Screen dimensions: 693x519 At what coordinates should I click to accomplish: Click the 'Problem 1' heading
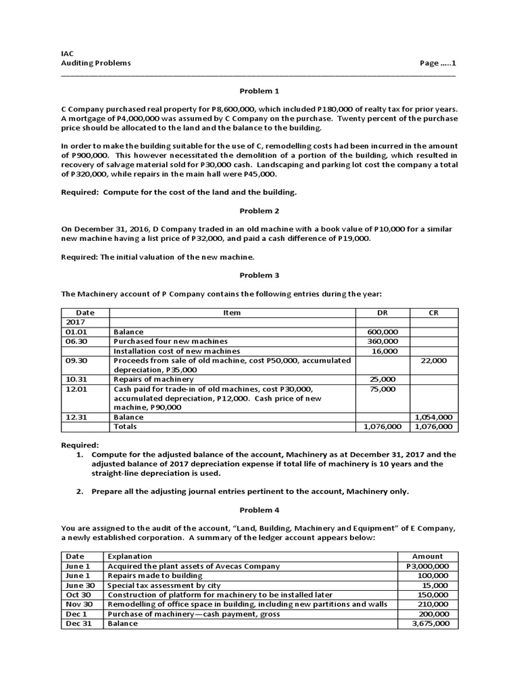pyautogui.click(x=259, y=90)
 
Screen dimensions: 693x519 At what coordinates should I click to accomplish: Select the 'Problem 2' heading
pyautogui.click(x=259, y=210)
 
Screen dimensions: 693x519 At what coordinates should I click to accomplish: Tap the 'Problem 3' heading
pyautogui.click(x=259, y=275)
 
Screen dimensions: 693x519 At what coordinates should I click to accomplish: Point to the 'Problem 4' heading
pyautogui.click(x=259, y=509)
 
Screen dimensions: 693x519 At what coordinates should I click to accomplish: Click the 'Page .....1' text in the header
pyautogui.click(x=439, y=63)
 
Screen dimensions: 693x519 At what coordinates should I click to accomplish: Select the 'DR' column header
pyautogui.click(x=382, y=313)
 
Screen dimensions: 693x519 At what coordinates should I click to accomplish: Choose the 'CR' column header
pyautogui.click(x=434, y=313)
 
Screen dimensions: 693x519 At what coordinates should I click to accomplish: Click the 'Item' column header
pyautogui.click(x=232, y=313)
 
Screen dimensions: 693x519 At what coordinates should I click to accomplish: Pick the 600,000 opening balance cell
pyautogui.click(x=383, y=332)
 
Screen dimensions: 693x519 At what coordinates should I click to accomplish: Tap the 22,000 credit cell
pyautogui.click(x=434, y=361)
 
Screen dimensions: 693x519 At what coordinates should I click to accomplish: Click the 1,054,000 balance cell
pyautogui.click(x=435, y=418)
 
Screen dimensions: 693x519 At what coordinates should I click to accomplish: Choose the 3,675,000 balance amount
pyautogui.click(x=430, y=623)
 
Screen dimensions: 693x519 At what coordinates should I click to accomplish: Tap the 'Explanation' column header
pyautogui.click(x=130, y=556)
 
